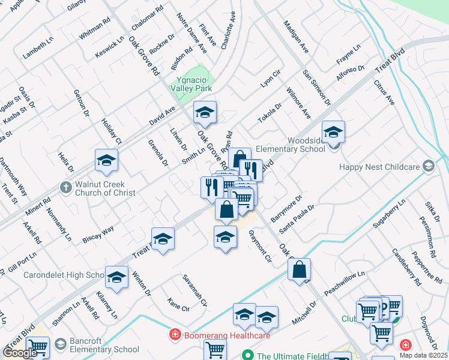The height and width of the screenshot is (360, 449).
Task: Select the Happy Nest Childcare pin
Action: [x=428, y=167]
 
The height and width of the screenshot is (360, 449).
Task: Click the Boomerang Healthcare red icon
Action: [x=175, y=334]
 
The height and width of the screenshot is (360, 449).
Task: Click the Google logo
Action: [x=20, y=353]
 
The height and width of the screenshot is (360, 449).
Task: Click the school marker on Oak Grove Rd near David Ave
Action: [x=205, y=113]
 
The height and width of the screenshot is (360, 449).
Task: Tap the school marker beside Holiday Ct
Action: [x=106, y=161]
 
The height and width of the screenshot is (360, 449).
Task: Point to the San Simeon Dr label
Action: [x=316, y=87]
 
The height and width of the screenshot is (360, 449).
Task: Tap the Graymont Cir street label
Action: [x=260, y=246]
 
